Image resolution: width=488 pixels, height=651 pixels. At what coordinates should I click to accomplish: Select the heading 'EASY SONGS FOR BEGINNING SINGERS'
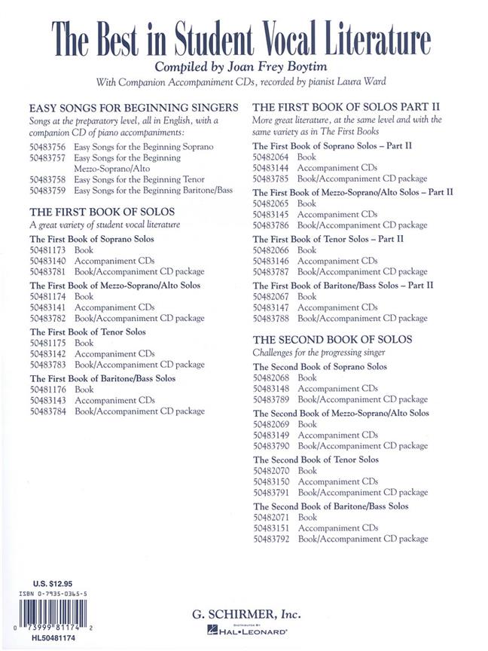click(134, 107)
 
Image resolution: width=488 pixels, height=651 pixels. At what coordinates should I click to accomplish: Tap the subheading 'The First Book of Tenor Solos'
click(87, 332)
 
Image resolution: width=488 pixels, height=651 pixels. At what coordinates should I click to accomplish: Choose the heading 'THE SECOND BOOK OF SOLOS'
click(332, 340)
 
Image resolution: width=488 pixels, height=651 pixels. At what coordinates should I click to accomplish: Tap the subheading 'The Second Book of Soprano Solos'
click(320, 367)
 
